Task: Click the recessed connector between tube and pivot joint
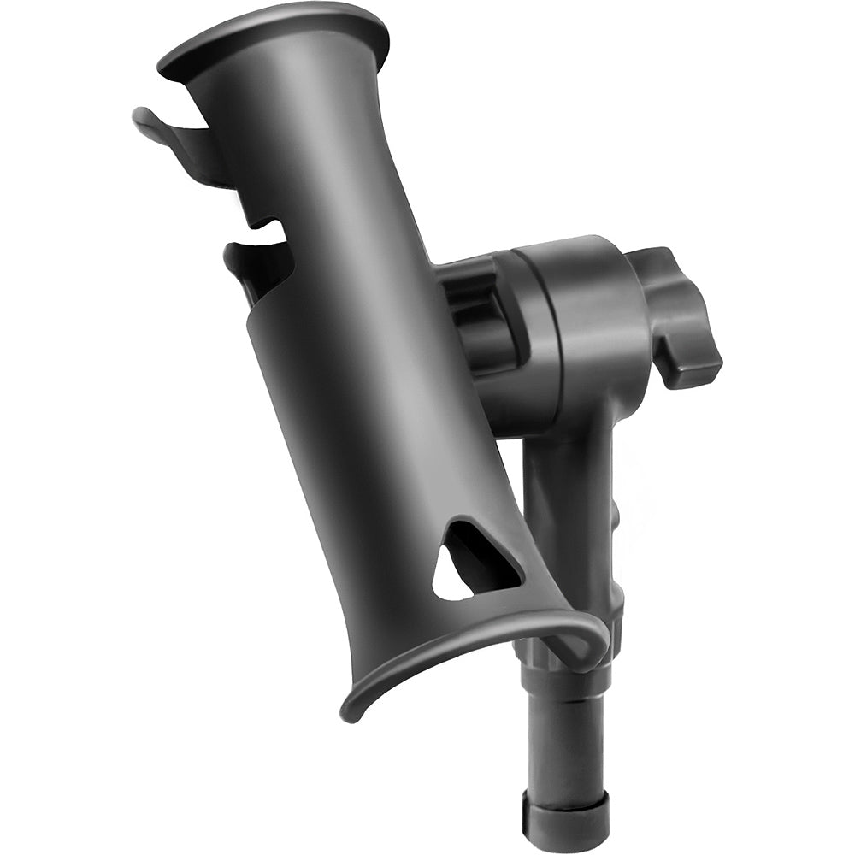[475, 308]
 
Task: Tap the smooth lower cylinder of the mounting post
[564, 744]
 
